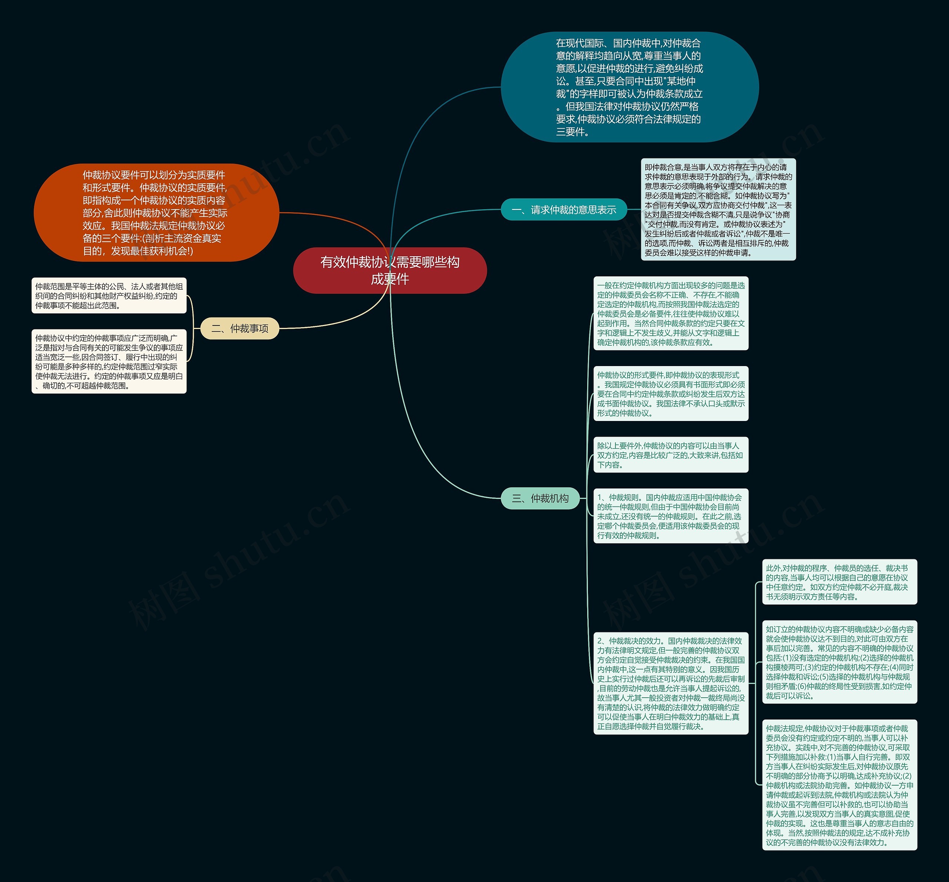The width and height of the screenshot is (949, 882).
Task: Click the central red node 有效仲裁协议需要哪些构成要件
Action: (390, 270)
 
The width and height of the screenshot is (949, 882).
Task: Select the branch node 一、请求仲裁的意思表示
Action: (563, 210)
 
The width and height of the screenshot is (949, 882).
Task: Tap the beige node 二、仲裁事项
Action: (239, 328)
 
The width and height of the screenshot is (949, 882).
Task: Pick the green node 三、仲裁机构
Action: (540, 498)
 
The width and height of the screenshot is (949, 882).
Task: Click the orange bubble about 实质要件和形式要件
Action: (156, 213)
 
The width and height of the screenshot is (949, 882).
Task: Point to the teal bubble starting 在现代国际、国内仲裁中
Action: (629, 87)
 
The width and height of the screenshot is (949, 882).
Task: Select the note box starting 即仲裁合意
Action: (718, 210)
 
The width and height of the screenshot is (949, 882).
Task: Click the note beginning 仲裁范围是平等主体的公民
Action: (109, 296)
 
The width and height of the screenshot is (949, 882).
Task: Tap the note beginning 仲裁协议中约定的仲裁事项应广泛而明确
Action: (109, 361)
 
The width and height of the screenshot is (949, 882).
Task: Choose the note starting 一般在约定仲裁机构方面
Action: (670, 313)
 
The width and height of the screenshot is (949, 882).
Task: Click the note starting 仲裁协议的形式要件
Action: (670, 394)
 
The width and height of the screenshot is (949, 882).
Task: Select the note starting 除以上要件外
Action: (670, 455)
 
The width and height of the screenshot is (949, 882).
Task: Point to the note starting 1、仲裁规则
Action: (670, 516)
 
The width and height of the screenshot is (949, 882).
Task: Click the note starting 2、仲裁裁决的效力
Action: (670, 683)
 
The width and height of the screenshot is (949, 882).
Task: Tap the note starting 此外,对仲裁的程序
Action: (839, 582)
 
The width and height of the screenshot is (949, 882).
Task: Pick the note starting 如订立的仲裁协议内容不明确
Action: (839, 662)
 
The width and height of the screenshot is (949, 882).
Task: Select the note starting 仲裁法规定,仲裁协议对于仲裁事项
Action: (839, 785)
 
